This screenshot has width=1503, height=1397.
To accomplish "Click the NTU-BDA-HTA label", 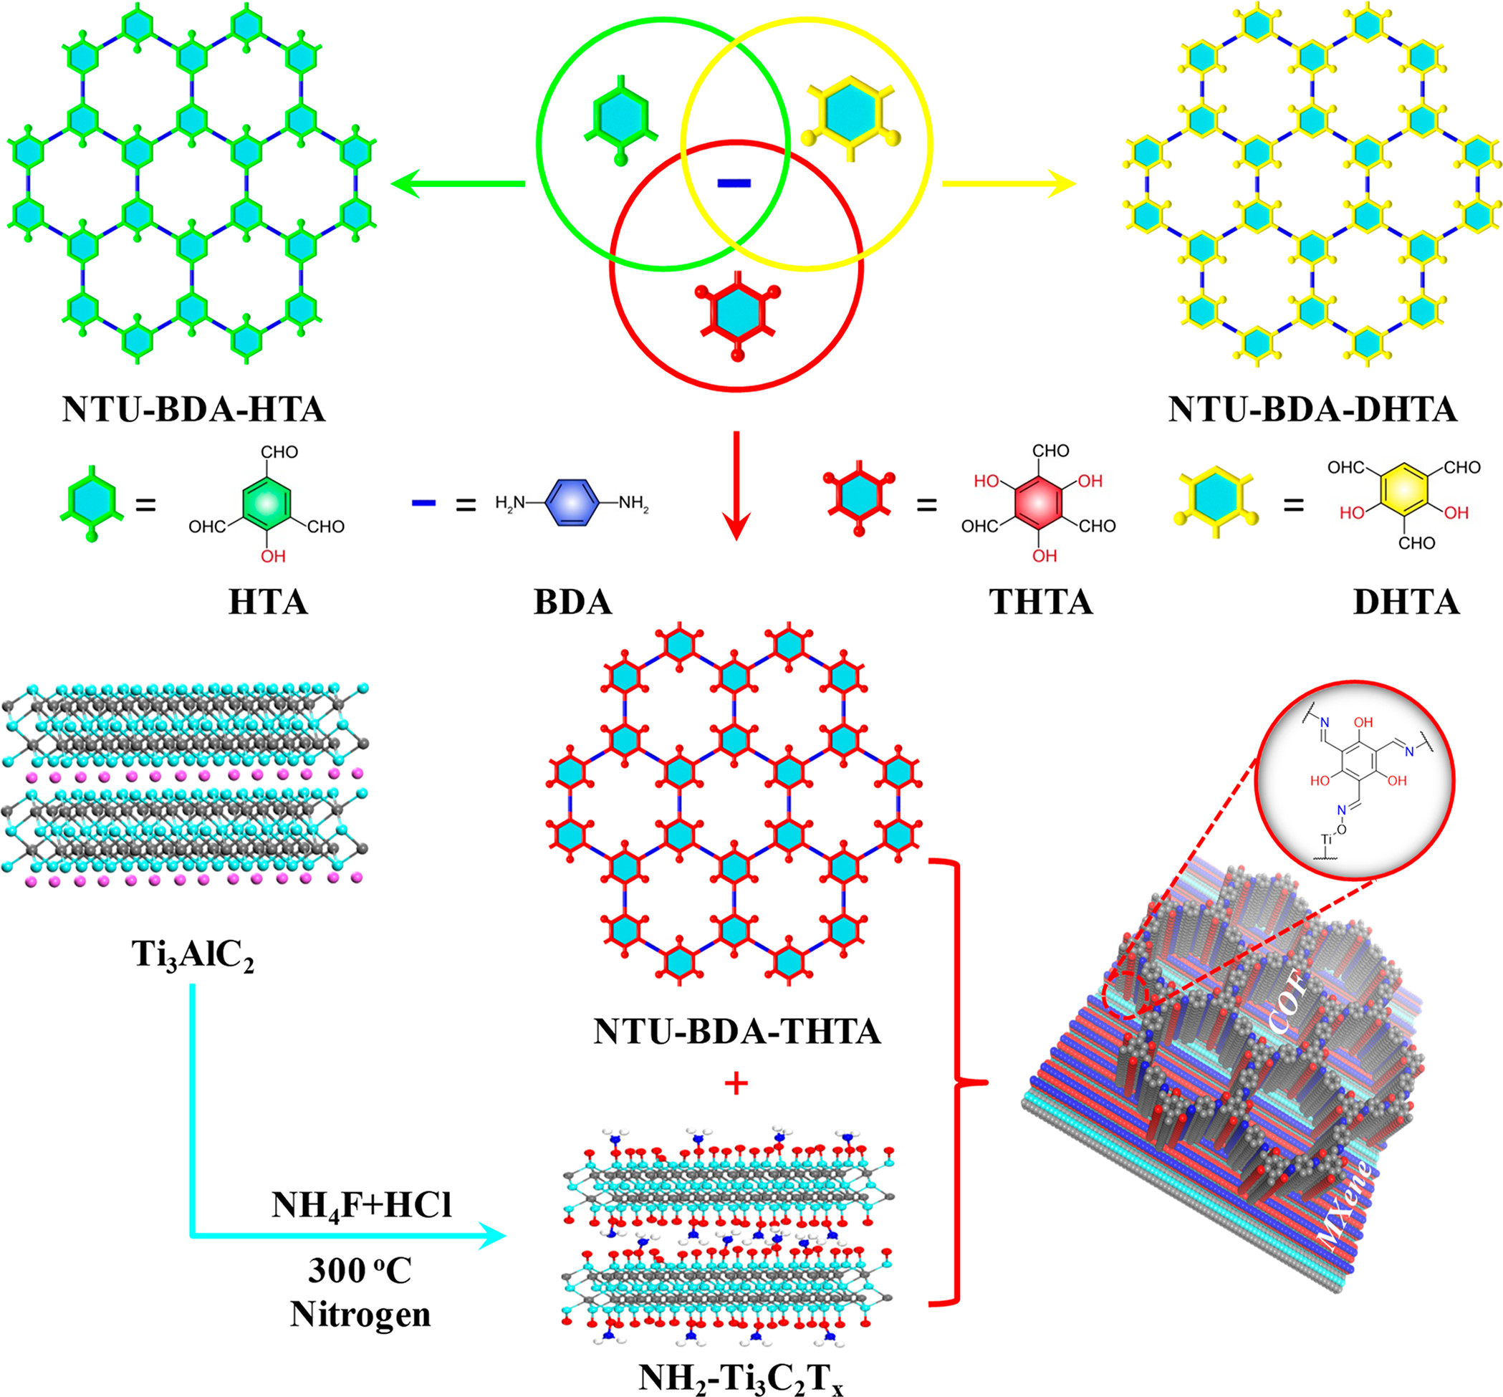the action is [193, 410].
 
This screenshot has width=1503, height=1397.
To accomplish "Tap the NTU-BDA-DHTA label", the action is [1312, 410].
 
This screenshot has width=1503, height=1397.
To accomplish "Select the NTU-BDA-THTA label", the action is [736, 1031].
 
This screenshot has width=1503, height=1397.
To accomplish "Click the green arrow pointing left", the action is [458, 183].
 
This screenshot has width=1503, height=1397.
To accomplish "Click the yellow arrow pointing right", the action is [1009, 183].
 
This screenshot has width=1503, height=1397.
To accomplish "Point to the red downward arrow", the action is [736, 485].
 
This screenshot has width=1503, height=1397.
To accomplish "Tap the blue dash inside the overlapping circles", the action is [734, 183].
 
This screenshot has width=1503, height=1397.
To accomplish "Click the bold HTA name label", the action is [269, 603].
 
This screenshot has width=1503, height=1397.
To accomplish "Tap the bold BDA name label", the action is [573, 603].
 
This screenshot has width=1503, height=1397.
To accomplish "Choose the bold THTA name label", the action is [1041, 603].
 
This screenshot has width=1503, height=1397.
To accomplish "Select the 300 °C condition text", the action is [360, 1271].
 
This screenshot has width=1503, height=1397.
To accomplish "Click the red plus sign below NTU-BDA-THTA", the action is [736, 1084].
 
